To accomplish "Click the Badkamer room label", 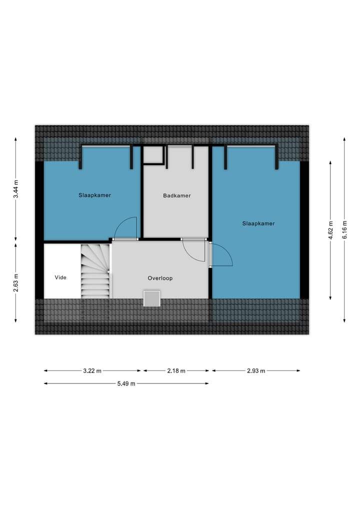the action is pyautogui.click(x=177, y=195).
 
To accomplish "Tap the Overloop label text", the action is pyautogui.click(x=160, y=278).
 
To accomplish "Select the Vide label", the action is pyautogui.click(x=60, y=277).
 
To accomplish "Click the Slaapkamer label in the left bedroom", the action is pyautogui.click(x=94, y=195).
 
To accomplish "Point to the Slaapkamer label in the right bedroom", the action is pyautogui.click(x=258, y=223).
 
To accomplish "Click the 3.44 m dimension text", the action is pyautogui.click(x=16, y=188).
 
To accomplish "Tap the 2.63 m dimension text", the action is pyautogui.click(x=16, y=282).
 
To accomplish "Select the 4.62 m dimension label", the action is pyautogui.click(x=330, y=230).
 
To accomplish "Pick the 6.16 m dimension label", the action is pyautogui.click(x=344, y=230).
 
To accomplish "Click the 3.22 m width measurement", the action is pyautogui.click(x=92, y=370).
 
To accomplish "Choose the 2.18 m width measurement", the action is pyautogui.click(x=176, y=370).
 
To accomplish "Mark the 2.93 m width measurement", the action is pyautogui.click(x=256, y=370).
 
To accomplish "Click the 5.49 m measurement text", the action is pyautogui.click(x=126, y=383).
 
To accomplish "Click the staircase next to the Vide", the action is pyautogui.click(x=95, y=271).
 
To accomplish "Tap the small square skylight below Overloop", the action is pyautogui.click(x=152, y=298).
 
